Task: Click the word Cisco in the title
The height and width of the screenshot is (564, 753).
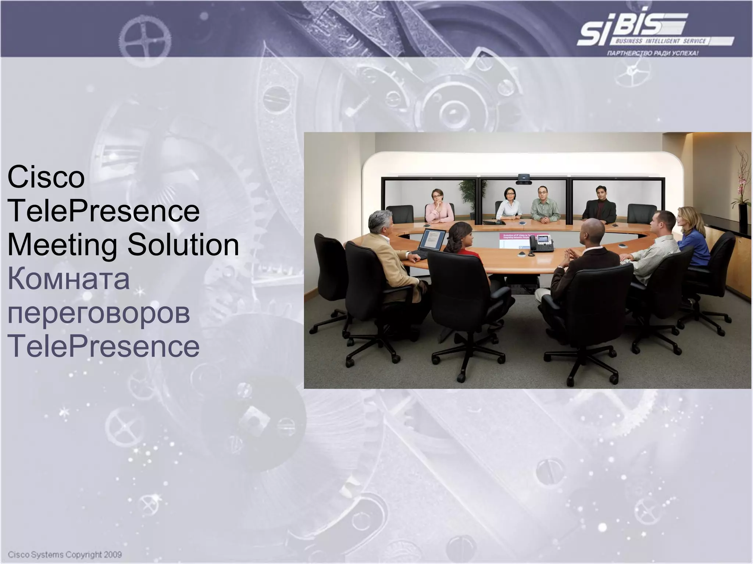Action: (x=46, y=178)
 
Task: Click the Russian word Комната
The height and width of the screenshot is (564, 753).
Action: (x=68, y=279)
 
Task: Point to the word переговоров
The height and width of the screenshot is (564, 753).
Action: (x=99, y=313)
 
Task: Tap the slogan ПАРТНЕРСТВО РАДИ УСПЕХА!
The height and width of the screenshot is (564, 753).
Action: (x=653, y=54)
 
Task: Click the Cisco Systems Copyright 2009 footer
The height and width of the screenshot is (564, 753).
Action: (x=65, y=554)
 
